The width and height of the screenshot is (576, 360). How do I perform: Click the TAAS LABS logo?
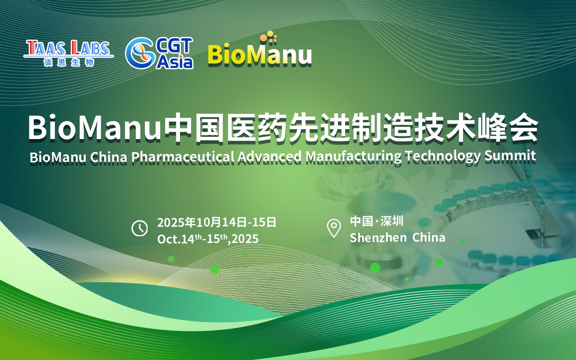tap(68, 53)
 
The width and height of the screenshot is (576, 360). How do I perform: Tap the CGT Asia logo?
tap(159, 53)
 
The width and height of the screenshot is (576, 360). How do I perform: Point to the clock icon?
tap(139, 228)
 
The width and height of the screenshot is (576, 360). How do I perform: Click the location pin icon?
tap(334, 228)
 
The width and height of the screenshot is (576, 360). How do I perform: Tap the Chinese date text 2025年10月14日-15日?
tap(216, 222)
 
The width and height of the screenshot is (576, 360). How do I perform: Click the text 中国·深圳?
tap(377, 221)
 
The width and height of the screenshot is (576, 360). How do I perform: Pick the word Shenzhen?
tap(378, 238)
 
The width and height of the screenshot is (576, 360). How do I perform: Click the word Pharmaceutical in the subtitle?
tap(183, 157)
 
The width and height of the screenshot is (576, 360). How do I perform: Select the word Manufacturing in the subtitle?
tap(354, 157)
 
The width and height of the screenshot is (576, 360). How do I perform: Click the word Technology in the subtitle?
tap(442, 157)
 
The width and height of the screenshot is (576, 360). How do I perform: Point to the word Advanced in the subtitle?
tap(270, 156)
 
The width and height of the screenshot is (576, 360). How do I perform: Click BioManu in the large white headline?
tap(94, 128)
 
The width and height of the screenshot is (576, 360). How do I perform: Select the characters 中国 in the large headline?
tap(194, 127)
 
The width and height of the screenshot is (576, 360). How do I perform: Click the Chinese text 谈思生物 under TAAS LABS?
tap(68, 63)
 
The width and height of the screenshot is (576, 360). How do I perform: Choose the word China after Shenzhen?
tap(429, 238)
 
